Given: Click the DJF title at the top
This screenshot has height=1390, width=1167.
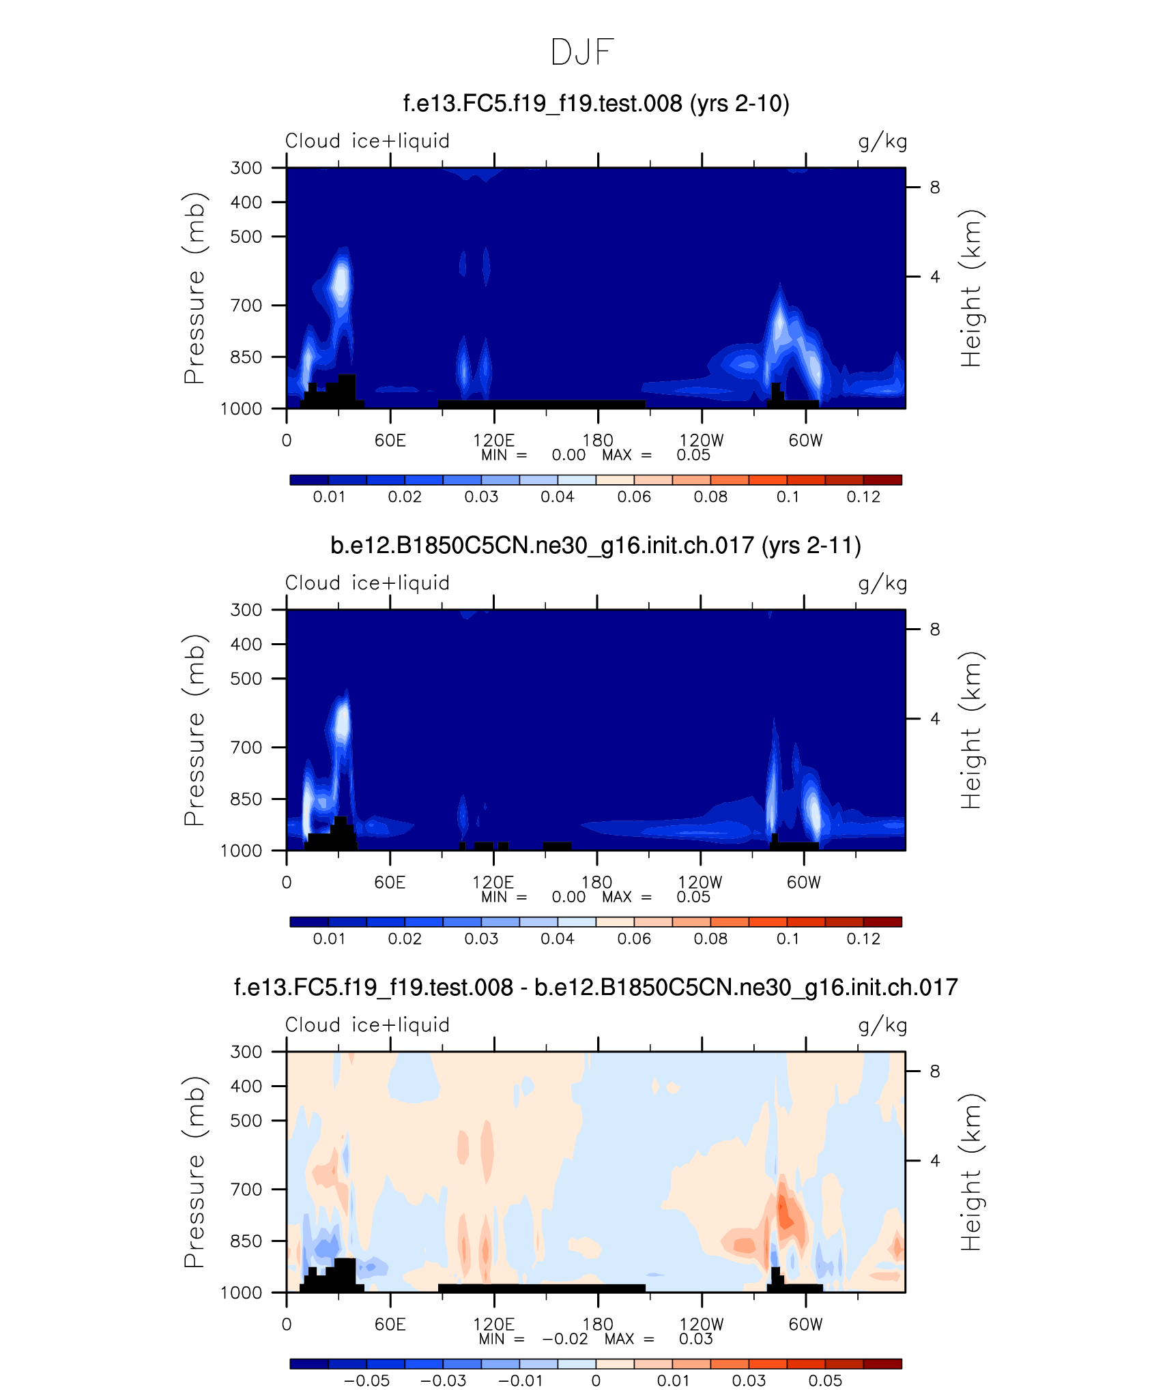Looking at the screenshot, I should pos(582,53).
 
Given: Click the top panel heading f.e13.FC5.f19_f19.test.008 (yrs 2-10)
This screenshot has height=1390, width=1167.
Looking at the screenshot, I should pos(596,104).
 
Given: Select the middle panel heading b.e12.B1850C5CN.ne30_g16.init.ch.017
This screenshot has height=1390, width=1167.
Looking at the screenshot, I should pos(595,546).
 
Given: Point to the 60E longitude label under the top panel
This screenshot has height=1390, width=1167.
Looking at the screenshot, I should pos(390,441).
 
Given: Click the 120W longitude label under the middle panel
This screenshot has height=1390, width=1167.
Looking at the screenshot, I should pos(700,883).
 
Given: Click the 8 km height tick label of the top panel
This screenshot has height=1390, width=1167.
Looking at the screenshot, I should pos(935,188).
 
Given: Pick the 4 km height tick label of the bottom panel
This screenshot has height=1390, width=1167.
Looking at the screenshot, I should pos(935,1160).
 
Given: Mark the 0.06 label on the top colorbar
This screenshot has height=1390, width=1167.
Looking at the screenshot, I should pos(634,497).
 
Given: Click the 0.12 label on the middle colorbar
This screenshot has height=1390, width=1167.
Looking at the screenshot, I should pos(863,939).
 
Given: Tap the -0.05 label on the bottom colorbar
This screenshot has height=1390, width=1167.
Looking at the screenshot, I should pos(366,1380).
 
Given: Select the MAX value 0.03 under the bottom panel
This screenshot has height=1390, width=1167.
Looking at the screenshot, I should pos(695,1339).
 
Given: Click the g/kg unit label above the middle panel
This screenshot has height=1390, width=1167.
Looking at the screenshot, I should pos(882,584).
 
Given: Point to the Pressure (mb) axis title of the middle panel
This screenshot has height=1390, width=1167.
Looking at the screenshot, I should pos(194,730).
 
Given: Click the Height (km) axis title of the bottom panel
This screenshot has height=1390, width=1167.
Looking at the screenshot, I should pos(970,1172).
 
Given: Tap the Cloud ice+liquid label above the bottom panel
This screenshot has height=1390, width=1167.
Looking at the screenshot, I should pos(367,1025).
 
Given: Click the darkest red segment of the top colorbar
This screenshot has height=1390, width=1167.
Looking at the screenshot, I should pos(882,479).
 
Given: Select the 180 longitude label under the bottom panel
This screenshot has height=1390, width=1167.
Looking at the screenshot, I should pos(598,1325).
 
